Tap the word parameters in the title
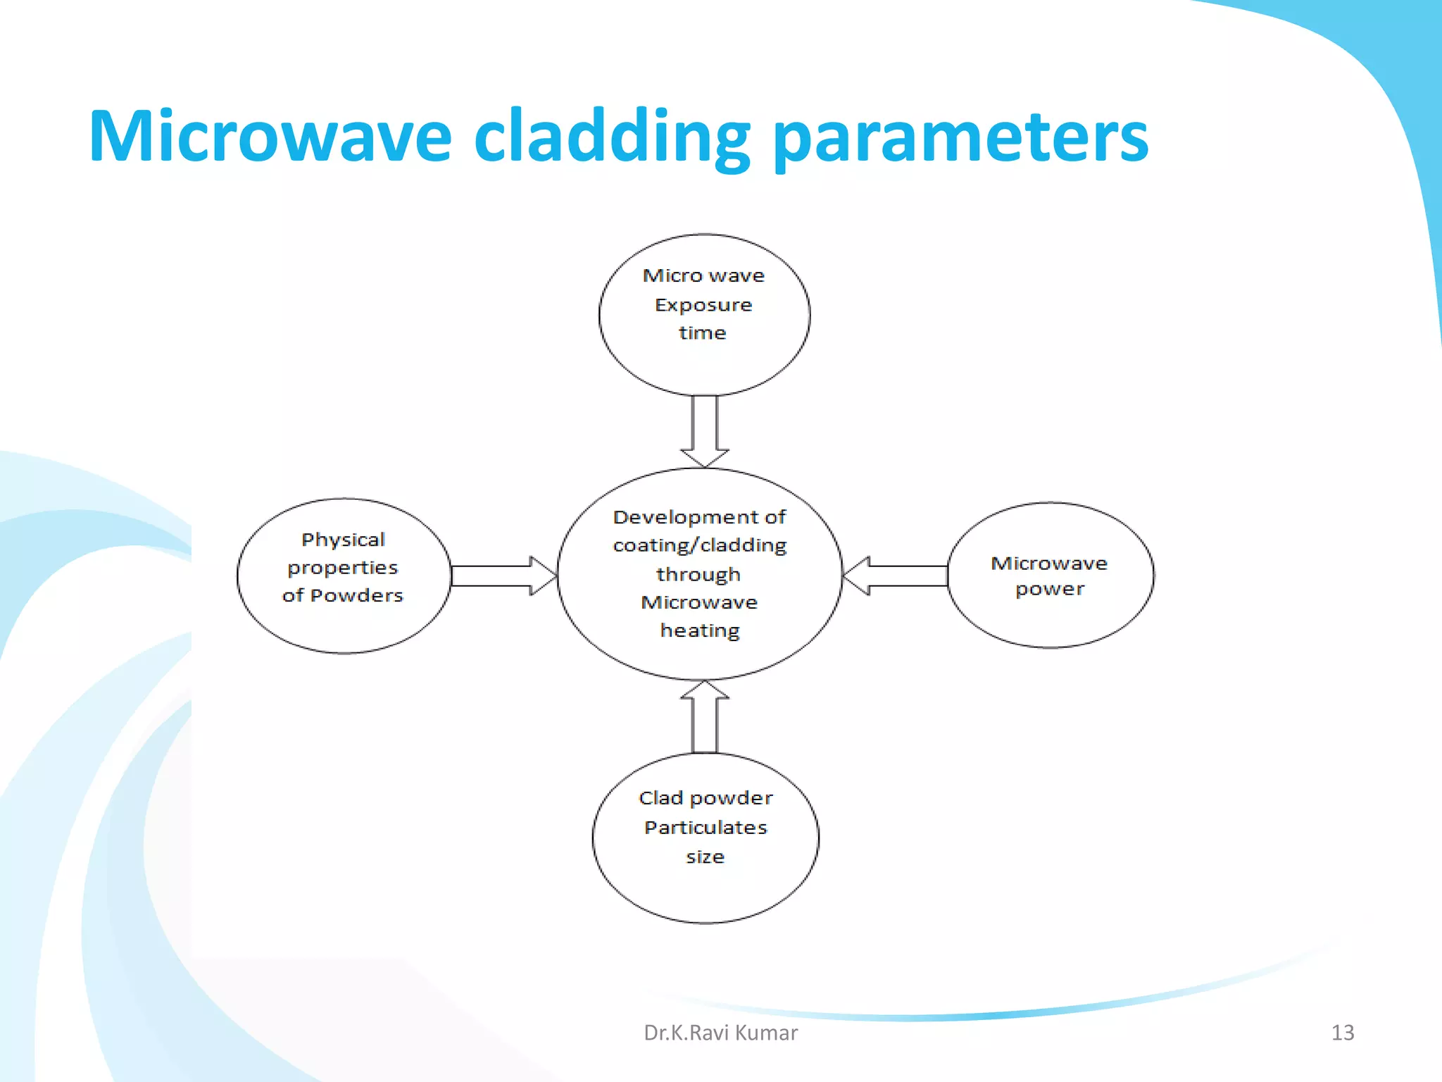point(960,138)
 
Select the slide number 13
point(1342,1033)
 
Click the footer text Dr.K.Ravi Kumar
point(720,1033)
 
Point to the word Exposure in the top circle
point(703,305)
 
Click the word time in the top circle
point(702,332)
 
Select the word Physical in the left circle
point(343,540)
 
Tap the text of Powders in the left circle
point(342,595)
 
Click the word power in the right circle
point(1049,589)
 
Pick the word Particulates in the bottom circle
point(706,827)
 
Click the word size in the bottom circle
point(705,857)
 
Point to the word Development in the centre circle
point(679,517)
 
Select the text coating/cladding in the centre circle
point(699,545)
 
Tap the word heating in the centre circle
point(700,630)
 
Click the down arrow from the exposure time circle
point(704,430)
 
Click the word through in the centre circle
point(698,574)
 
